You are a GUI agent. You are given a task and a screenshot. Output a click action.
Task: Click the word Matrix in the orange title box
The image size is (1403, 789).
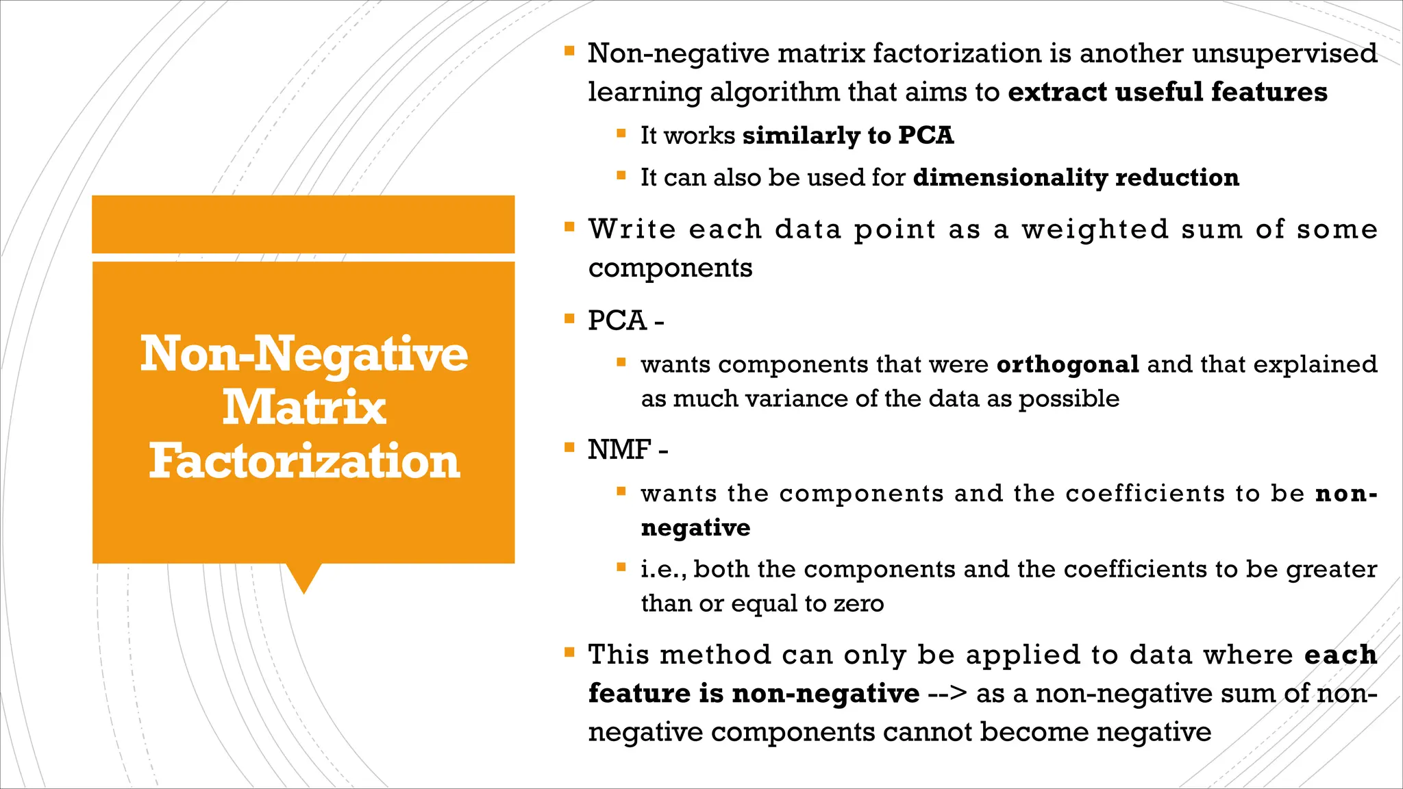click(x=304, y=408)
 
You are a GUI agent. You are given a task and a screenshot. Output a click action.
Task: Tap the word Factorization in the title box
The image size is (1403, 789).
click(x=304, y=461)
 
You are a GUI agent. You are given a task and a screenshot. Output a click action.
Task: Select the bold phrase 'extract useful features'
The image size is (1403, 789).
click(x=1167, y=92)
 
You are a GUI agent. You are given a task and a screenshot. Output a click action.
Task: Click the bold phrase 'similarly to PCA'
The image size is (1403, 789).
click(x=848, y=136)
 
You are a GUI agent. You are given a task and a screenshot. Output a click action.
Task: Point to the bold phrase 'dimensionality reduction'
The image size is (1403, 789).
click(x=1076, y=177)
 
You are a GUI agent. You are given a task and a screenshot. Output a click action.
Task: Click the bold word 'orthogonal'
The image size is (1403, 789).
click(x=1068, y=364)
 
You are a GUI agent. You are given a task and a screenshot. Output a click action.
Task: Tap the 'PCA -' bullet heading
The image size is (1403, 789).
click(x=625, y=321)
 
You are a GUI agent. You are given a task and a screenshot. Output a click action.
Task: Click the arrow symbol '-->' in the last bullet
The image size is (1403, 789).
click(x=947, y=693)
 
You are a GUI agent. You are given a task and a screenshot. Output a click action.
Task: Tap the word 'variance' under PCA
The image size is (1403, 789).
click(x=791, y=399)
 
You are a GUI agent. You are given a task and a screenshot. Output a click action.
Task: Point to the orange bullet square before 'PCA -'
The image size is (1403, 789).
click(x=569, y=318)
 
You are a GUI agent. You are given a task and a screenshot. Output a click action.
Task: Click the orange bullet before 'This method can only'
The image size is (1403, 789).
click(x=569, y=652)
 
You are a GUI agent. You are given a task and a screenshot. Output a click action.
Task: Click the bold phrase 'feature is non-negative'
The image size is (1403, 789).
click(x=754, y=693)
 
